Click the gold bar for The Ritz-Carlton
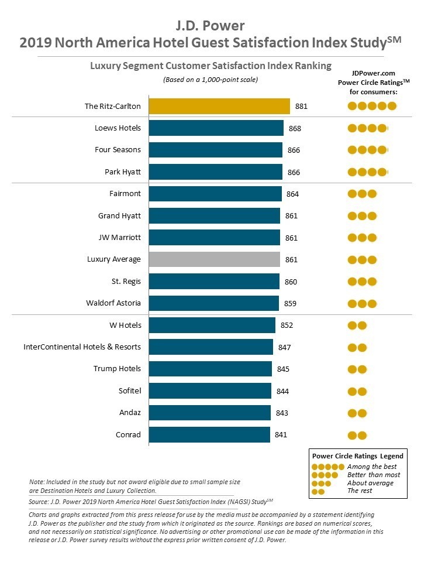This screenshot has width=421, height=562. [x=219, y=106]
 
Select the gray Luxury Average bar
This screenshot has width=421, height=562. [x=214, y=259]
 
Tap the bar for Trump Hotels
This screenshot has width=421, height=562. [x=210, y=369]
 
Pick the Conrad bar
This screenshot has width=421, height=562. [x=209, y=434]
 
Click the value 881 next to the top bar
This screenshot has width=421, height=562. [x=301, y=107]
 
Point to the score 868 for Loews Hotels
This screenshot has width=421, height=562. [x=295, y=128]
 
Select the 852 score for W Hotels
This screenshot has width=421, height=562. [x=287, y=325]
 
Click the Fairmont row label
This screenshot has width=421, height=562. [x=125, y=194]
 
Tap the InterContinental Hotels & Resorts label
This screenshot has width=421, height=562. [x=82, y=347]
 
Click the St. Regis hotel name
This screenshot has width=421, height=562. [x=126, y=282]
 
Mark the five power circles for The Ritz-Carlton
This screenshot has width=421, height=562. [x=372, y=106]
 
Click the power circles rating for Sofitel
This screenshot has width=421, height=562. [x=357, y=391]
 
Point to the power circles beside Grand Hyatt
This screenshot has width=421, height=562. [x=362, y=216]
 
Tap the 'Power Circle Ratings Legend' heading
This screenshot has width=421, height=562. [x=357, y=455]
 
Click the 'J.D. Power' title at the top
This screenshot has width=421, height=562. [x=210, y=25]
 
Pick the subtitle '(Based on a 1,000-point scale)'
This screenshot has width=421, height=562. [x=210, y=80]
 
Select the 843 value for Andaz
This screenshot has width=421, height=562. [x=282, y=413]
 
